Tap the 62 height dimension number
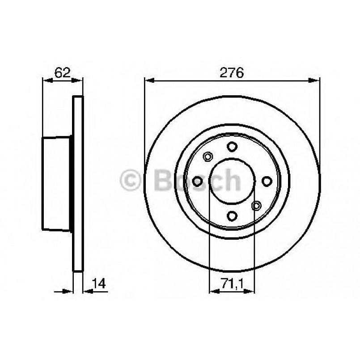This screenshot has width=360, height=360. pyautogui.click(x=62, y=72)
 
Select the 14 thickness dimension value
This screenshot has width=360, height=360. pyautogui.click(x=99, y=283)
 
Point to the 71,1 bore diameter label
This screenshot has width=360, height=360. pyautogui.click(x=232, y=283)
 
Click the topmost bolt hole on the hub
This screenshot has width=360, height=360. pyautogui.click(x=232, y=146)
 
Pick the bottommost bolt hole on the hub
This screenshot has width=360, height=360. pyautogui.click(x=232, y=216)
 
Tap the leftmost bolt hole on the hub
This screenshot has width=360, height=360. pyautogui.click(x=197, y=181)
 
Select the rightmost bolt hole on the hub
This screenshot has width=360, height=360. pyautogui.click(x=267, y=181)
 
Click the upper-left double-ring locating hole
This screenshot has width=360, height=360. pyautogui.click(x=207, y=157)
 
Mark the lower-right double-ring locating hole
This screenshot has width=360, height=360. pyautogui.click(x=256, y=205)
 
